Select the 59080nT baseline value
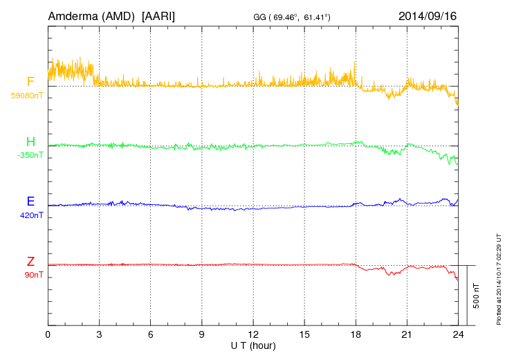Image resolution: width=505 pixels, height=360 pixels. point(26,96)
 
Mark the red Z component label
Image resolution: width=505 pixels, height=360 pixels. point(30,262)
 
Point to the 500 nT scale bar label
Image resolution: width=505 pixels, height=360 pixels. point(477,296)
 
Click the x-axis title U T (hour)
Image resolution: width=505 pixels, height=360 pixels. point(253,345)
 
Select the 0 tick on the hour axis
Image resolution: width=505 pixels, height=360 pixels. point(48,334)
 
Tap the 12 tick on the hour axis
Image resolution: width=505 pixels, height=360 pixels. point(253,334)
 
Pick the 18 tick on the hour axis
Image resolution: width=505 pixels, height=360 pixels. point(356,334)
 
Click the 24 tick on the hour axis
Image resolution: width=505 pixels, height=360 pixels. point(458,334)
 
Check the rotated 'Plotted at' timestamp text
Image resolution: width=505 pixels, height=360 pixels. point(498,278)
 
